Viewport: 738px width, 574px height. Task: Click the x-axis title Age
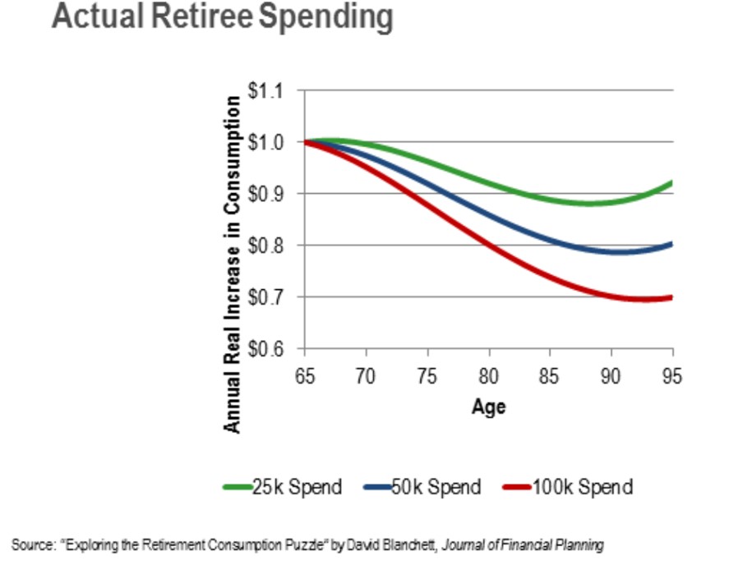[x=488, y=406]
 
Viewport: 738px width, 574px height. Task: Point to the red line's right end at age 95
[x=671, y=297]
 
